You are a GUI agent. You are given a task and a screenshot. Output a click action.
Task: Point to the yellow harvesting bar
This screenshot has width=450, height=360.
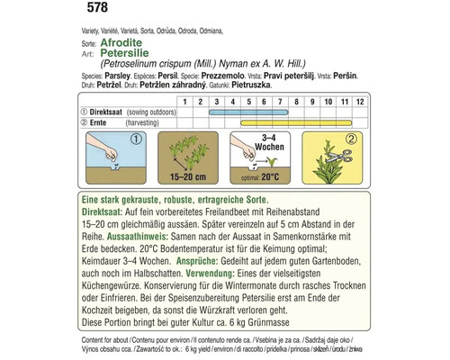tap(307, 121)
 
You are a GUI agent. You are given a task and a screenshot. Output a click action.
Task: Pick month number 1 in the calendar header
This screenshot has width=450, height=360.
tap(183, 101)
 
